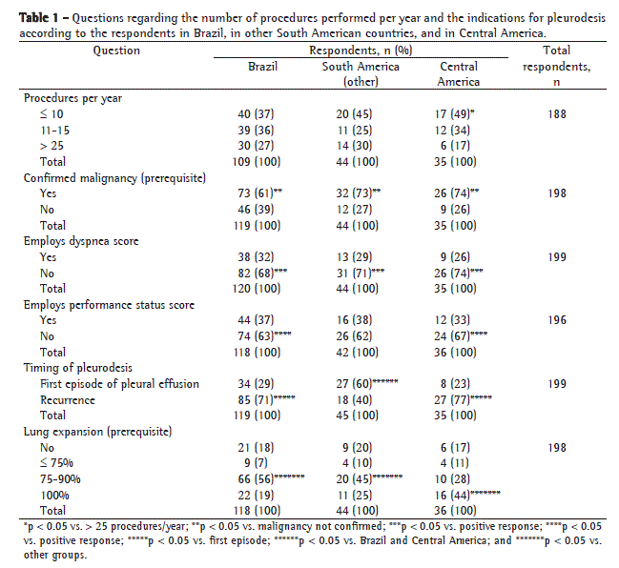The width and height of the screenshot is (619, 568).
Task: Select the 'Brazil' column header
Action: pos(263,67)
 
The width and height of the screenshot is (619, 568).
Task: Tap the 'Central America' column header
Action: pos(459,74)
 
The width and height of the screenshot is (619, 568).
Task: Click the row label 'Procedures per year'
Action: pos(72,98)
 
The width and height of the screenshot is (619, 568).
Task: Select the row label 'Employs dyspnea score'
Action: pos(81,241)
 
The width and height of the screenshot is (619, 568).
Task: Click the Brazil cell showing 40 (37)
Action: pos(257,114)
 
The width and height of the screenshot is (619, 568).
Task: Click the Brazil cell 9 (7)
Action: pos(253,463)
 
